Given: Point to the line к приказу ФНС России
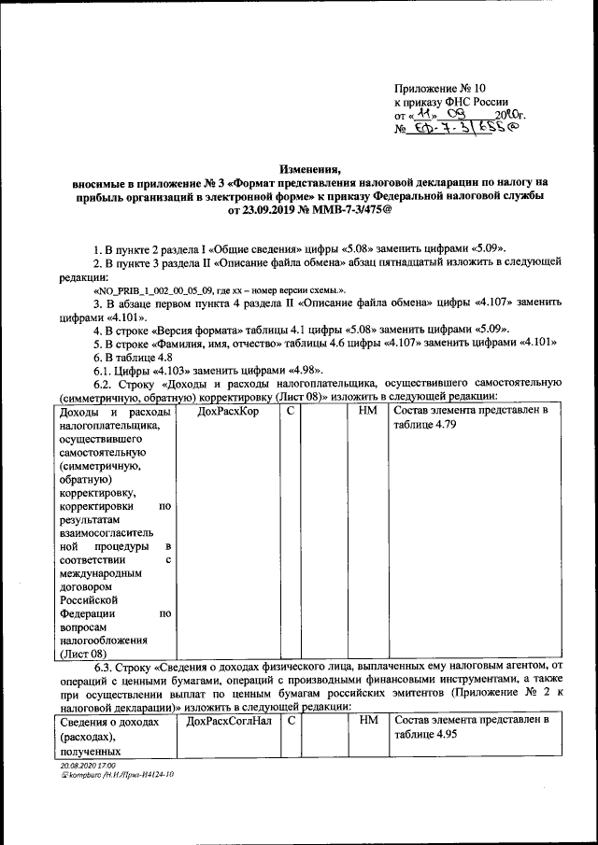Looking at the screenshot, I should (451, 104).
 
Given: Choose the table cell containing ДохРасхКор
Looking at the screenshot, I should (228, 411).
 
